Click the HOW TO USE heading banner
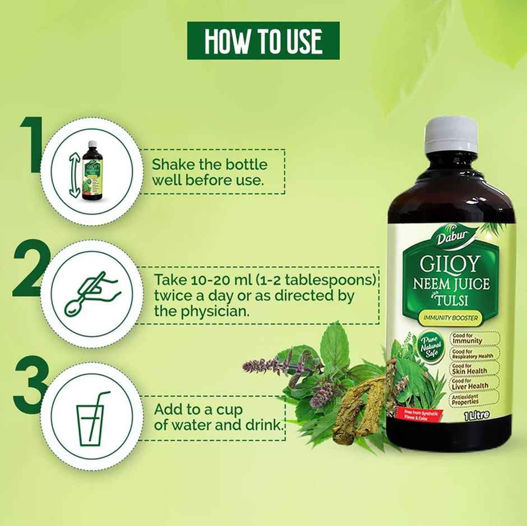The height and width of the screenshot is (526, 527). pyautogui.click(x=263, y=40)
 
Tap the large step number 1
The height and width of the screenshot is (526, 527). pyautogui.click(x=32, y=144)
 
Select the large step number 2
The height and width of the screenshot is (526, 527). pyautogui.click(x=28, y=268)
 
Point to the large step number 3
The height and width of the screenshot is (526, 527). pyautogui.click(x=29, y=387)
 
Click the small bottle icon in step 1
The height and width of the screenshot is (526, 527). pyautogui.click(x=92, y=170)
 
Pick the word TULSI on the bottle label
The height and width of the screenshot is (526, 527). pyautogui.click(x=462, y=301)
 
